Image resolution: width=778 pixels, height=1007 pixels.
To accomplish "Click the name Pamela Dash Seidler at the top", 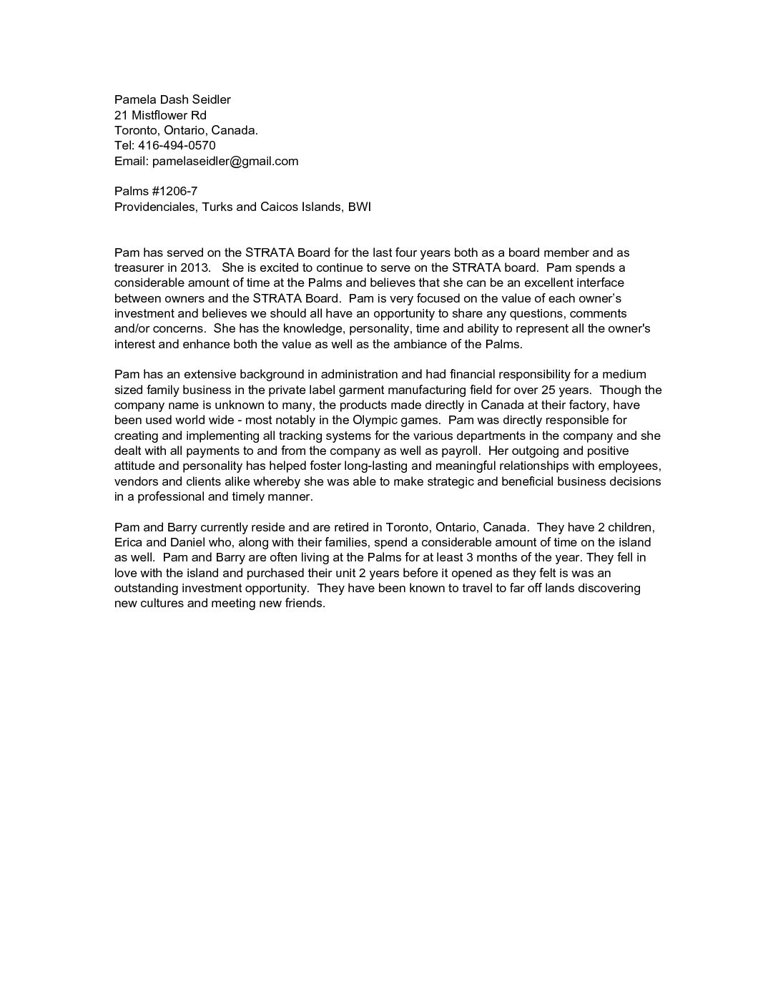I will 172,100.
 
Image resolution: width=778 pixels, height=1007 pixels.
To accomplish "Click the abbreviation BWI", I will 360,207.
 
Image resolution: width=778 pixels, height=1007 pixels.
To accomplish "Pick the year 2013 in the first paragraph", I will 195,268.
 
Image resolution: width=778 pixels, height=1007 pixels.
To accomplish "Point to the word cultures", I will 163,604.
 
